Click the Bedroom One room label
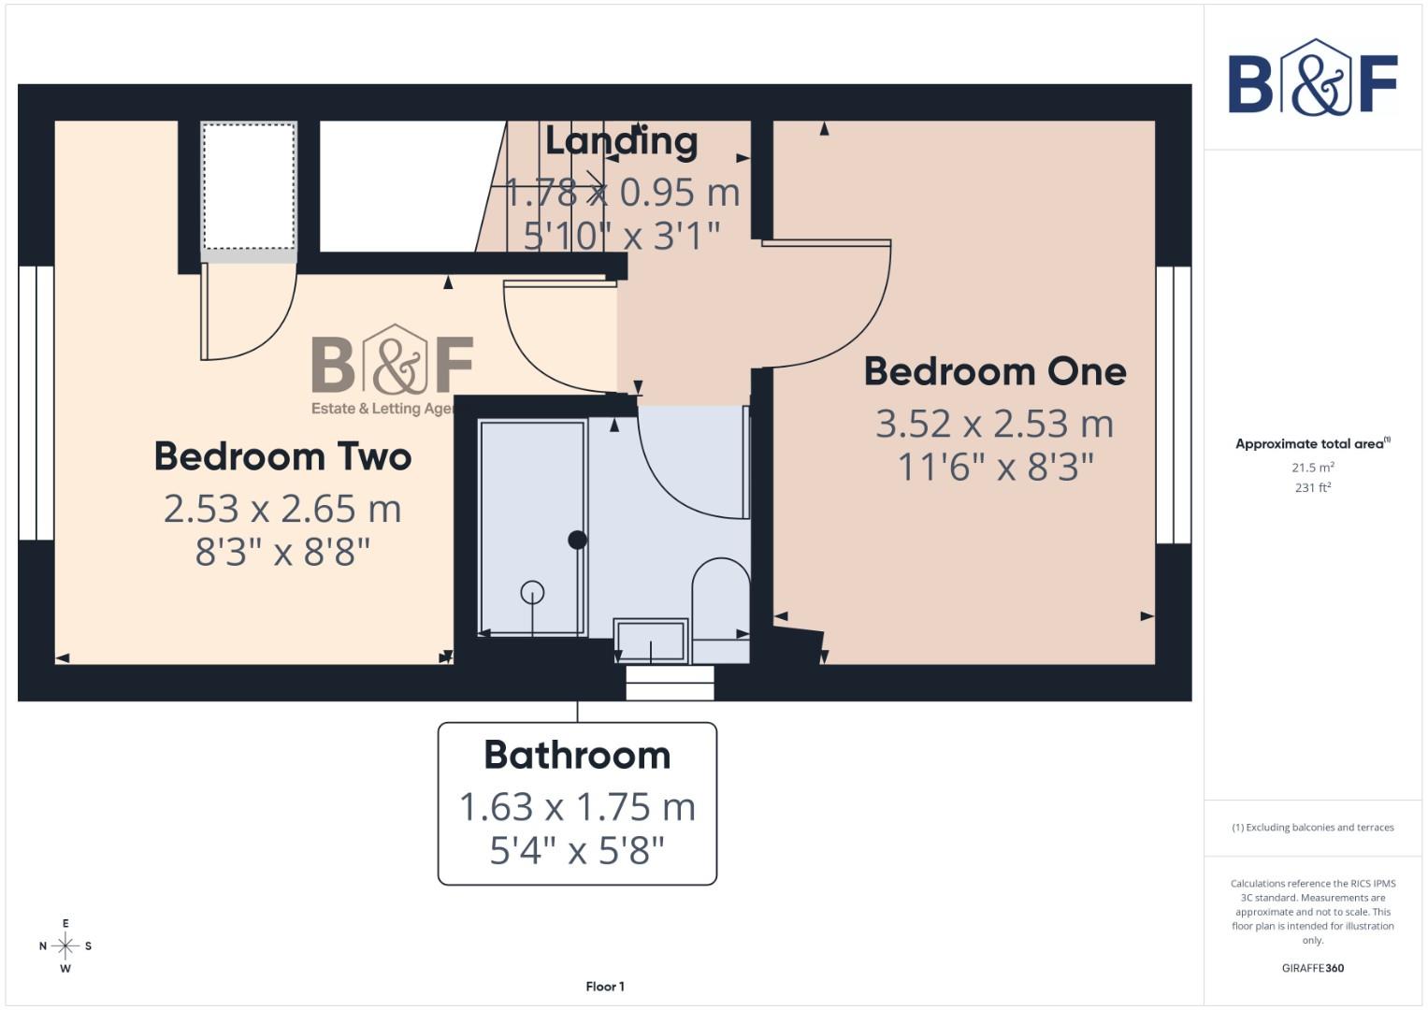pyautogui.click(x=994, y=371)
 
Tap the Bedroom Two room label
pyautogui.click(x=282, y=456)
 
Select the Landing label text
pyautogui.click(x=621, y=141)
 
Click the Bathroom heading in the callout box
pyautogui.click(x=577, y=755)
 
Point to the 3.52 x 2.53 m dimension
pyautogui.click(x=994, y=424)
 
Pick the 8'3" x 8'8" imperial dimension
pyautogui.click(x=282, y=552)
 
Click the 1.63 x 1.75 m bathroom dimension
pyautogui.click(x=577, y=806)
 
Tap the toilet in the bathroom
pyautogui.click(x=720, y=599)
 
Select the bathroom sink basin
pyautogui.click(x=651, y=639)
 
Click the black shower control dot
pyautogui.click(x=577, y=540)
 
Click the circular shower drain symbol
pyautogui.click(x=532, y=592)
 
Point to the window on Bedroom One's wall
pyautogui.click(x=1173, y=405)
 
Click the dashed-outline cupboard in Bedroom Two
pyautogui.click(x=249, y=187)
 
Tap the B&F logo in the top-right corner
pyautogui.click(x=1312, y=79)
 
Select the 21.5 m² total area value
pyautogui.click(x=1312, y=467)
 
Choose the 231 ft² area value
pyautogui.click(x=1312, y=487)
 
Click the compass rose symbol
pyautogui.click(x=65, y=946)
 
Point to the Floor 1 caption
pyautogui.click(x=605, y=986)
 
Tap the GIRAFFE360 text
pyautogui.click(x=1312, y=968)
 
